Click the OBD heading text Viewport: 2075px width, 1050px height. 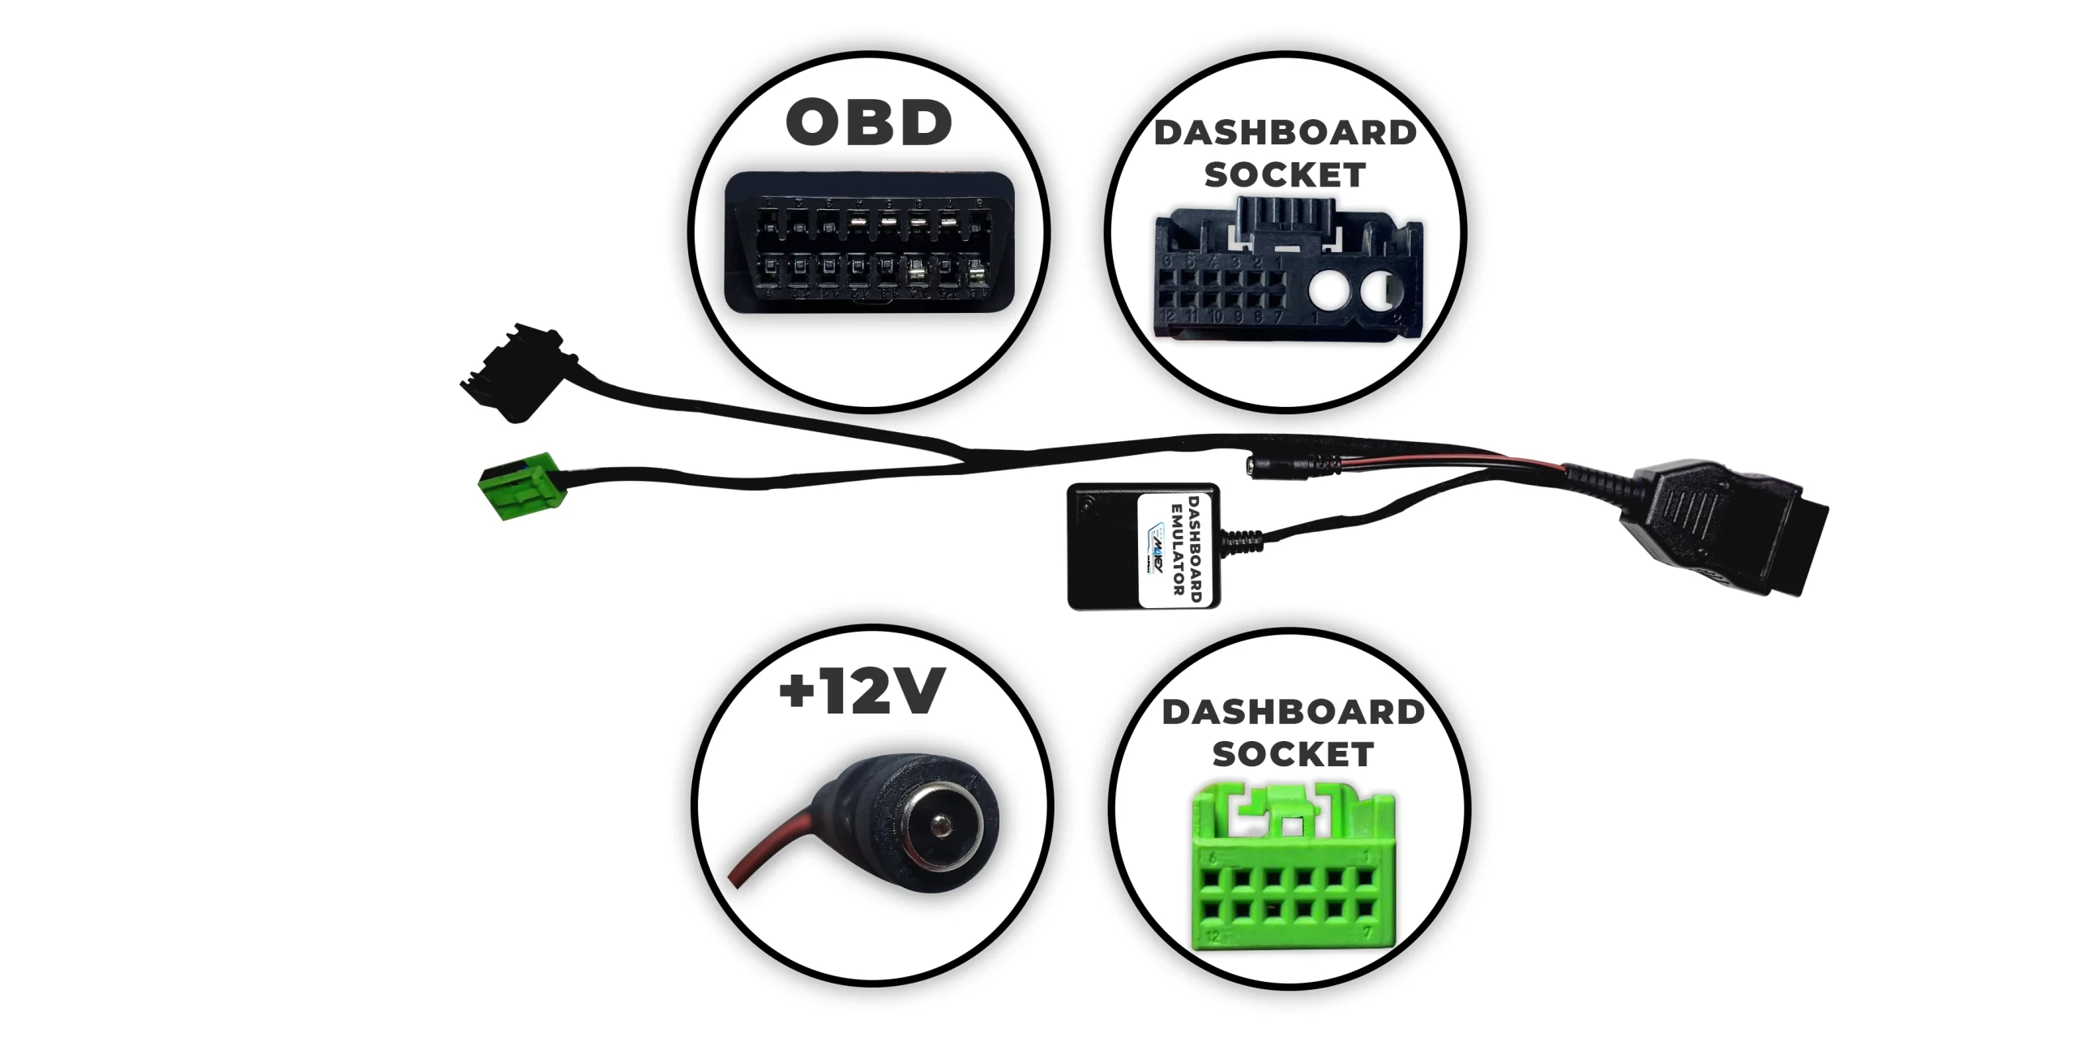869,123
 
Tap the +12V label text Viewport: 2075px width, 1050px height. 862,692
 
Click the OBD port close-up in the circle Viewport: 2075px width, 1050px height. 869,243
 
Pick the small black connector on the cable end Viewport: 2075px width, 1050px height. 512,373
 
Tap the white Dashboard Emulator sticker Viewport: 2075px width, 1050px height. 1178,549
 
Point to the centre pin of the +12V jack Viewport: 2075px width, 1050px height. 942,827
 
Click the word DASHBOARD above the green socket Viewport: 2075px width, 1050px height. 1293,713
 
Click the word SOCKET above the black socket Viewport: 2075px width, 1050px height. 1285,175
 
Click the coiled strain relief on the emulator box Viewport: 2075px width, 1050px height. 1241,541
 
